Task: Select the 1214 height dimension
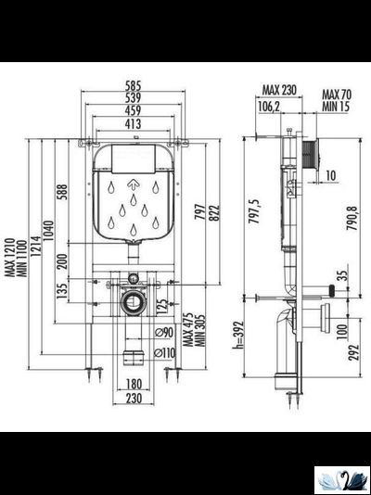[x=34, y=250]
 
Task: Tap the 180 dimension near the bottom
[x=134, y=384]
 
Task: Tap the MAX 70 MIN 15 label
[x=335, y=99]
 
